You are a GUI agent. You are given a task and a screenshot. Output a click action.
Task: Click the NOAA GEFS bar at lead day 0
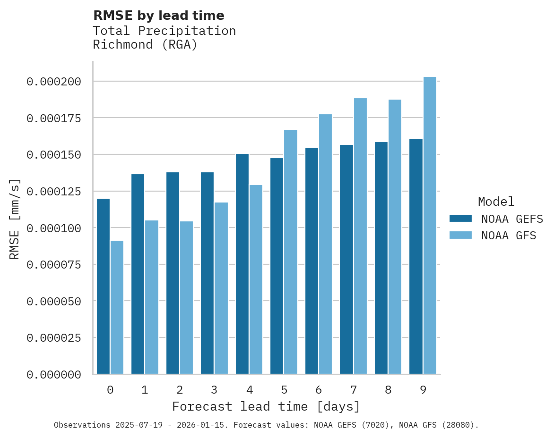(x=103, y=286)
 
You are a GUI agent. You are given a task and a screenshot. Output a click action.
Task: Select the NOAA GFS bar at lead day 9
(x=430, y=225)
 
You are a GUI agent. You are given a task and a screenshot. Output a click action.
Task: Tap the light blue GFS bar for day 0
(x=117, y=307)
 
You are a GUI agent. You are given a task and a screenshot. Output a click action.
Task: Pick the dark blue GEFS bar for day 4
(x=242, y=264)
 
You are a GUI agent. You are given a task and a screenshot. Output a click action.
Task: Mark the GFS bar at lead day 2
(x=186, y=297)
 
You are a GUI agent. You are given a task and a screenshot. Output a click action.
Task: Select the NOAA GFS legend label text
(x=509, y=235)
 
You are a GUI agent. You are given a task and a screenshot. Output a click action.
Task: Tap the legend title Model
(x=496, y=202)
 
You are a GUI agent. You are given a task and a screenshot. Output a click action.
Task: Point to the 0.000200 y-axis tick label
(x=54, y=82)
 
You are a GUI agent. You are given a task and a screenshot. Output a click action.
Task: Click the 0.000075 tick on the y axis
(x=54, y=265)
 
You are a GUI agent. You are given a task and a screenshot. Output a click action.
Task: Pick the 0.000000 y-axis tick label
(x=54, y=375)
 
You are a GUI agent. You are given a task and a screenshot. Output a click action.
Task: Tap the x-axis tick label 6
(x=319, y=390)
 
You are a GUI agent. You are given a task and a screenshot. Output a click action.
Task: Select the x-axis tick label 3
(x=214, y=390)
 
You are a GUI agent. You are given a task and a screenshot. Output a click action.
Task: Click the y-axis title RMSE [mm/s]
(x=15, y=219)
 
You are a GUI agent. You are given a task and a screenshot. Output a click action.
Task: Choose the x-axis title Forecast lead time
(x=266, y=406)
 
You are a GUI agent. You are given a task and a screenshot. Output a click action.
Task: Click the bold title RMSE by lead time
(x=158, y=16)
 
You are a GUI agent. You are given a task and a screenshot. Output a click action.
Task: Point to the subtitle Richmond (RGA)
(x=145, y=45)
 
